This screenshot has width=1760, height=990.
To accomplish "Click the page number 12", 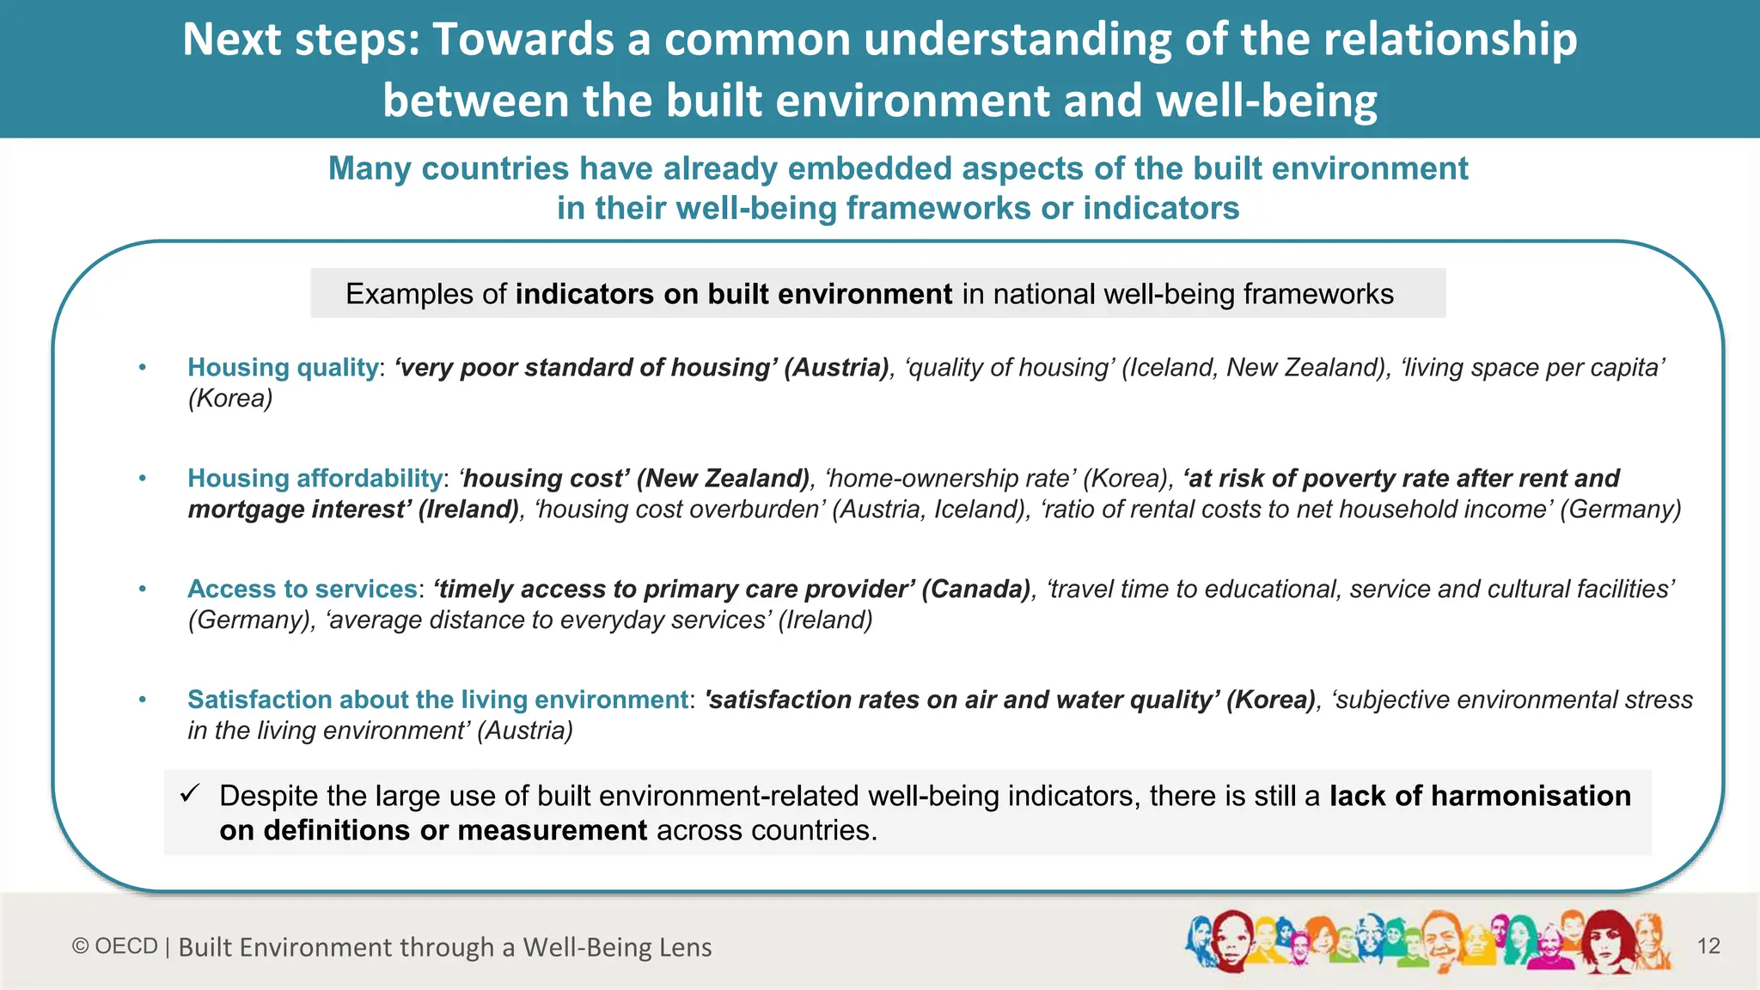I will pos(1708,946).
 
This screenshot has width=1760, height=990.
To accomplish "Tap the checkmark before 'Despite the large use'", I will pos(190,793).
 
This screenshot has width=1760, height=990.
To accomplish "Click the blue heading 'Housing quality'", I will pos(283,368).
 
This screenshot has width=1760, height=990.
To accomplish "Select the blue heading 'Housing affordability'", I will pos(315,479).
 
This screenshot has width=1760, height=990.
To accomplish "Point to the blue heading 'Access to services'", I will pos(302,590).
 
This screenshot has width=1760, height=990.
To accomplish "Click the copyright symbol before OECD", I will pos(81,946).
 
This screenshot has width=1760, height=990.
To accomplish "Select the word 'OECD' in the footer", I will pos(126,946).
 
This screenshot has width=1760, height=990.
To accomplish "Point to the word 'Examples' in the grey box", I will pos(408,294).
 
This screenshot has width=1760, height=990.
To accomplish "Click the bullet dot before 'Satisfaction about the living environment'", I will pos(143,700).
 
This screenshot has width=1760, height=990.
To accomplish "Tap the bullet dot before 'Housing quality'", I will pos(143,368).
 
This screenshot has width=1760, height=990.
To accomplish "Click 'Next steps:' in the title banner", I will pos(301,40).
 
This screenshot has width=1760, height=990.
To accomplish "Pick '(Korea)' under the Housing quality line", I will pos(230,399).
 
